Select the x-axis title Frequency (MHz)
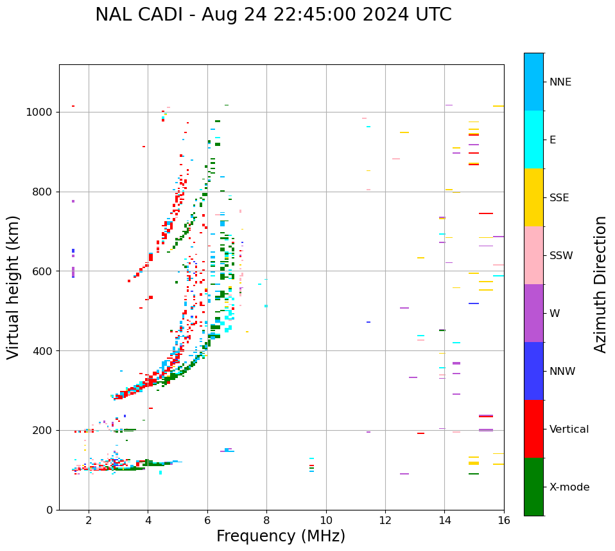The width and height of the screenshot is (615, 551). (281, 536)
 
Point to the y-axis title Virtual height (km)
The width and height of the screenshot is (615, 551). (13, 287)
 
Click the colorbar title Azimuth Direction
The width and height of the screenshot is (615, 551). (600, 284)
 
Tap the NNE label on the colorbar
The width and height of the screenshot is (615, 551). (560, 82)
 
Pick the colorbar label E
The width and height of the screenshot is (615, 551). (553, 140)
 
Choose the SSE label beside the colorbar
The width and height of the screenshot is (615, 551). (559, 198)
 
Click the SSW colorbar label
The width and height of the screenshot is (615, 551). (561, 256)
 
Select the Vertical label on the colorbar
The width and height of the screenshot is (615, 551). (569, 429)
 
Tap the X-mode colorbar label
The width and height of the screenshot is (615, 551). (569, 487)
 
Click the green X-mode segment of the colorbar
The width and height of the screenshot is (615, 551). (533, 487)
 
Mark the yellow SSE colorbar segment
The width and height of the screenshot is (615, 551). (533, 197)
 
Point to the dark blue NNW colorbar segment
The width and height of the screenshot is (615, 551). (533, 371)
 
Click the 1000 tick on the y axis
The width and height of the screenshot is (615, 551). (40, 112)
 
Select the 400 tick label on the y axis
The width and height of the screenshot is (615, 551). (43, 351)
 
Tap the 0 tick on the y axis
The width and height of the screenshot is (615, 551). (49, 510)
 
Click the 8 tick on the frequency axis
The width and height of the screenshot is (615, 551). (266, 520)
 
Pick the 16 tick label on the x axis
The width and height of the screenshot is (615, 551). (504, 520)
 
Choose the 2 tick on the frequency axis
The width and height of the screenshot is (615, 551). (89, 520)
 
